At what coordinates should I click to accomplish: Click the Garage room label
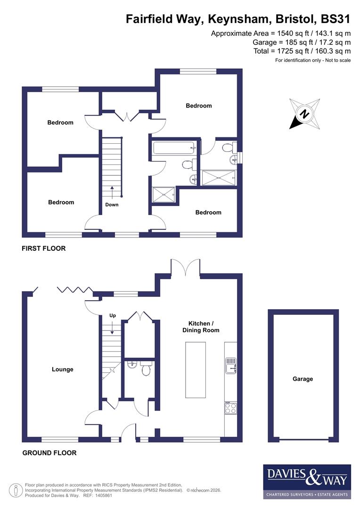pyautogui.click(x=303, y=378)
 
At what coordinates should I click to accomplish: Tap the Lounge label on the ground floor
pyautogui.click(x=63, y=369)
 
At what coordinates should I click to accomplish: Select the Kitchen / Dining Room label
pyautogui.click(x=201, y=327)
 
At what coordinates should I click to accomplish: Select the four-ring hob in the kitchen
pyautogui.click(x=230, y=408)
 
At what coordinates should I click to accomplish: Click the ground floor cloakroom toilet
pyautogui.click(x=146, y=370)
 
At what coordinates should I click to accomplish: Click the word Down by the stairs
pyautogui.click(x=112, y=205)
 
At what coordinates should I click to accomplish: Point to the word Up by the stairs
pyautogui.click(x=112, y=315)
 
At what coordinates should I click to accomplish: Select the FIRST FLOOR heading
pyautogui.click(x=44, y=248)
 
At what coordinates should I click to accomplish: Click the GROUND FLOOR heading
pyautogui.click(x=49, y=453)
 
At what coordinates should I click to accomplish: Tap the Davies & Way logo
pyautogui.click(x=307, y=481)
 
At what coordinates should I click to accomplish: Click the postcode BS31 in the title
pyautogui.click(x=335, y=19)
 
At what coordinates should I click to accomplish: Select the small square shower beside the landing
pyautogui.click(x=163, y=194)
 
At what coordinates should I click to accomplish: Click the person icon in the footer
pyautogui.click(x=16, y=490)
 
